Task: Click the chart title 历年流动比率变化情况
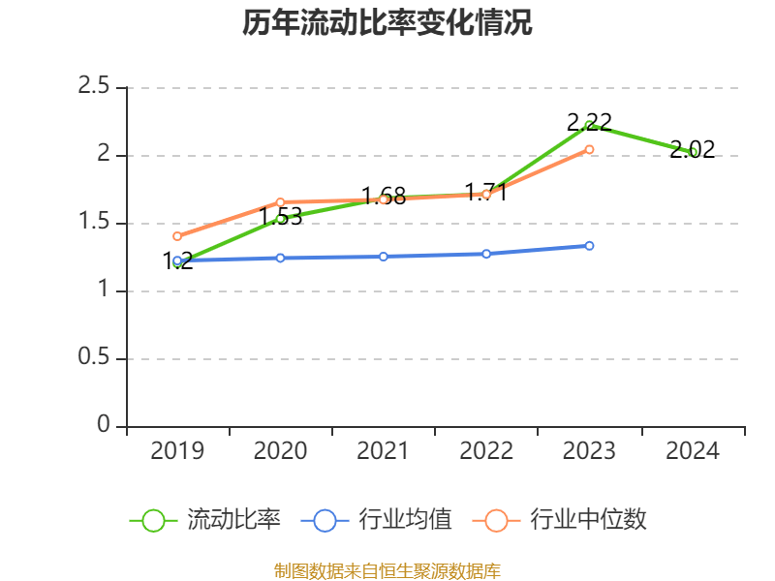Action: tap(387, 23)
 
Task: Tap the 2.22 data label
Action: tap(589, 122)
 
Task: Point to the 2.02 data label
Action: tap(692, 149)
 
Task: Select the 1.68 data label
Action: tap(384, 196)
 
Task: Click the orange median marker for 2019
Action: tap(177, 236)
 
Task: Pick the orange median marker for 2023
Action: tap(589, 149)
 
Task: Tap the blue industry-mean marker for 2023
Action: tap(589, 246)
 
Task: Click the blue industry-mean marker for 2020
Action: tap(280, 258)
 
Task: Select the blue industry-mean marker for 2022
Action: tap(486, 254)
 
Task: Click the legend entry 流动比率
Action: tap(206, 520)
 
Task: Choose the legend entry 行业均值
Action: tap(378, 520)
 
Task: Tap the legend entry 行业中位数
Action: tap(560, 520)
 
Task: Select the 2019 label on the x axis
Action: tap(177, 451)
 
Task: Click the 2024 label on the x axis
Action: tap(692, 451)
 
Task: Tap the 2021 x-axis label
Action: tap(384, 451)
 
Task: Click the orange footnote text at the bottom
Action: tap(387, 570)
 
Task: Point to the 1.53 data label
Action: tap(281, 217)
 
